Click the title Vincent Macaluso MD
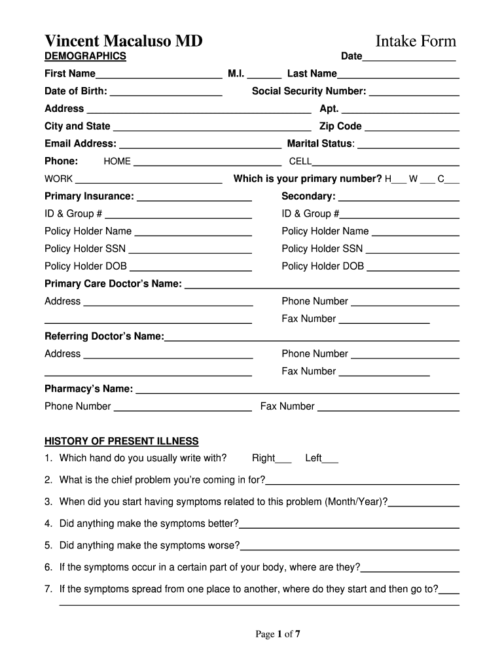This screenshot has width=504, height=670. point(123,41)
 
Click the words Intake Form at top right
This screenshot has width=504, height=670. point(416,41)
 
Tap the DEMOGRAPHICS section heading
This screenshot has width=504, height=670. point(85,56)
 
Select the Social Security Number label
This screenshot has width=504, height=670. point(309,91)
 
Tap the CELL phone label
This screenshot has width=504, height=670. point(300,162)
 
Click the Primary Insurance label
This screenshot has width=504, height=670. point(89,196)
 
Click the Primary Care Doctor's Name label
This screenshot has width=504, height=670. point(113,283)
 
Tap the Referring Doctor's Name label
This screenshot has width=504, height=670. point(104,336)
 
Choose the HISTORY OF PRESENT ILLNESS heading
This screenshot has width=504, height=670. point(121,441)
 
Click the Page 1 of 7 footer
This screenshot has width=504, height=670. point(278,633)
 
